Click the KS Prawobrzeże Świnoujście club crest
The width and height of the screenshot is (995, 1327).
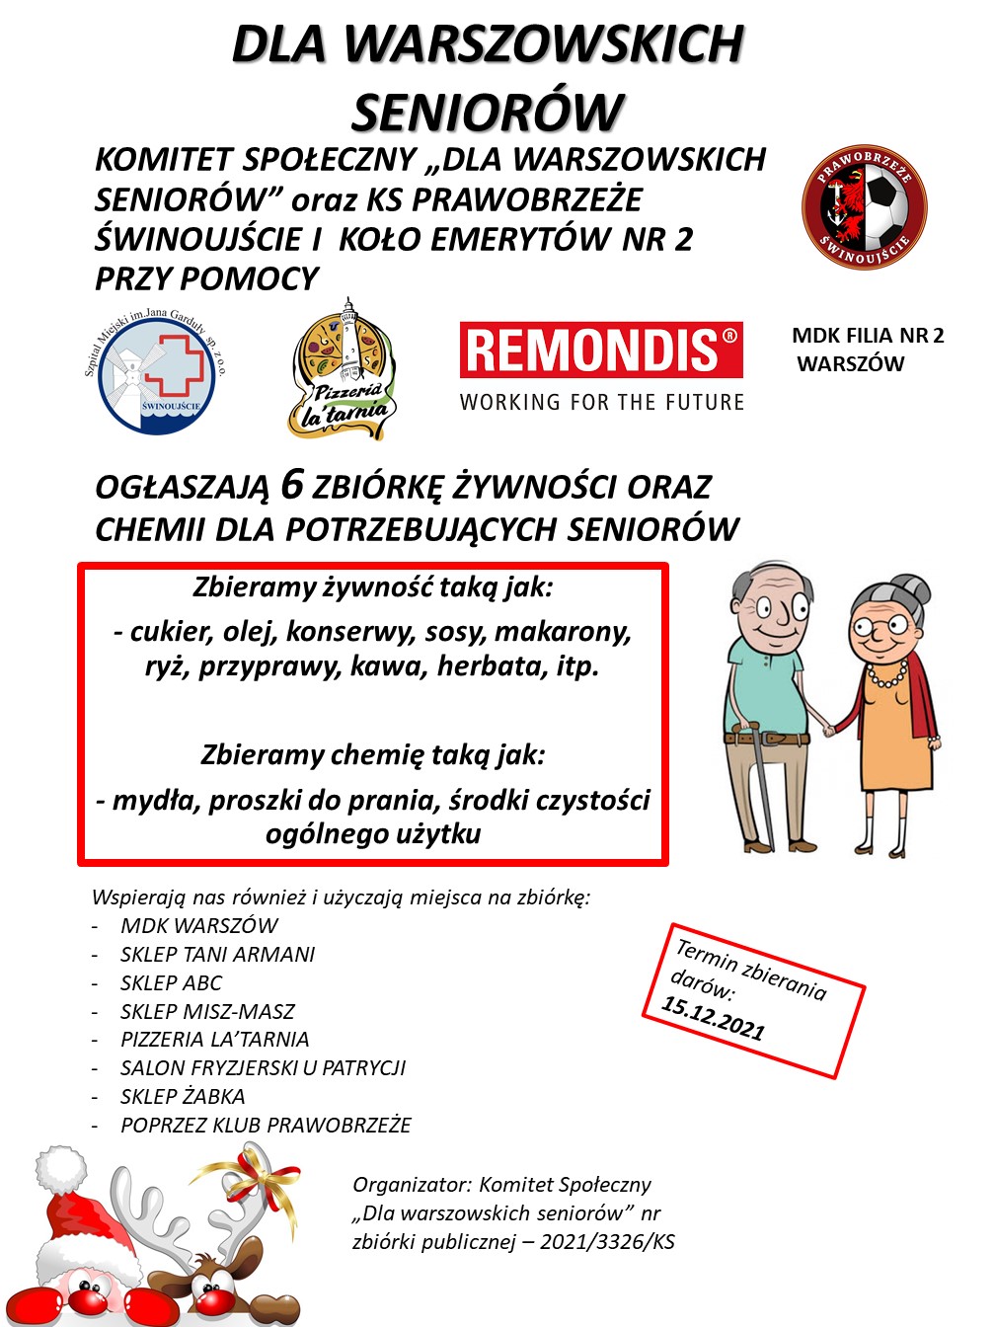click(x=864, y=206)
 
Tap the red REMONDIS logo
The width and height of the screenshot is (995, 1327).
click(x=601, y=350)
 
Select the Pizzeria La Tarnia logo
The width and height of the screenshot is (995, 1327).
click(x=343, y=373)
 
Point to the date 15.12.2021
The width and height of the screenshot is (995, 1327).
click(x=713, y=1018)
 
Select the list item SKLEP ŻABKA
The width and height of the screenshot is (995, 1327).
click(x=183, y=1096)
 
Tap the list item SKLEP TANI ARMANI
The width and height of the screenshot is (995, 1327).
click(x=217, y=954)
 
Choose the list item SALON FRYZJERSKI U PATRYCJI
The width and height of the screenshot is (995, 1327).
click(x=263, y=1067)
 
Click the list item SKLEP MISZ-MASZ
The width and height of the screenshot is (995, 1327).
click(x=207, y=1011)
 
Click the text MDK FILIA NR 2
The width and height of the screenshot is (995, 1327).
click(x=867, y=336)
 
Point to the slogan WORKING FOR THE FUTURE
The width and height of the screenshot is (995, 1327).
click(x=601, y=402)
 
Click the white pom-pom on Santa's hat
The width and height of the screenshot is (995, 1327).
click(x=61, y=1171)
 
